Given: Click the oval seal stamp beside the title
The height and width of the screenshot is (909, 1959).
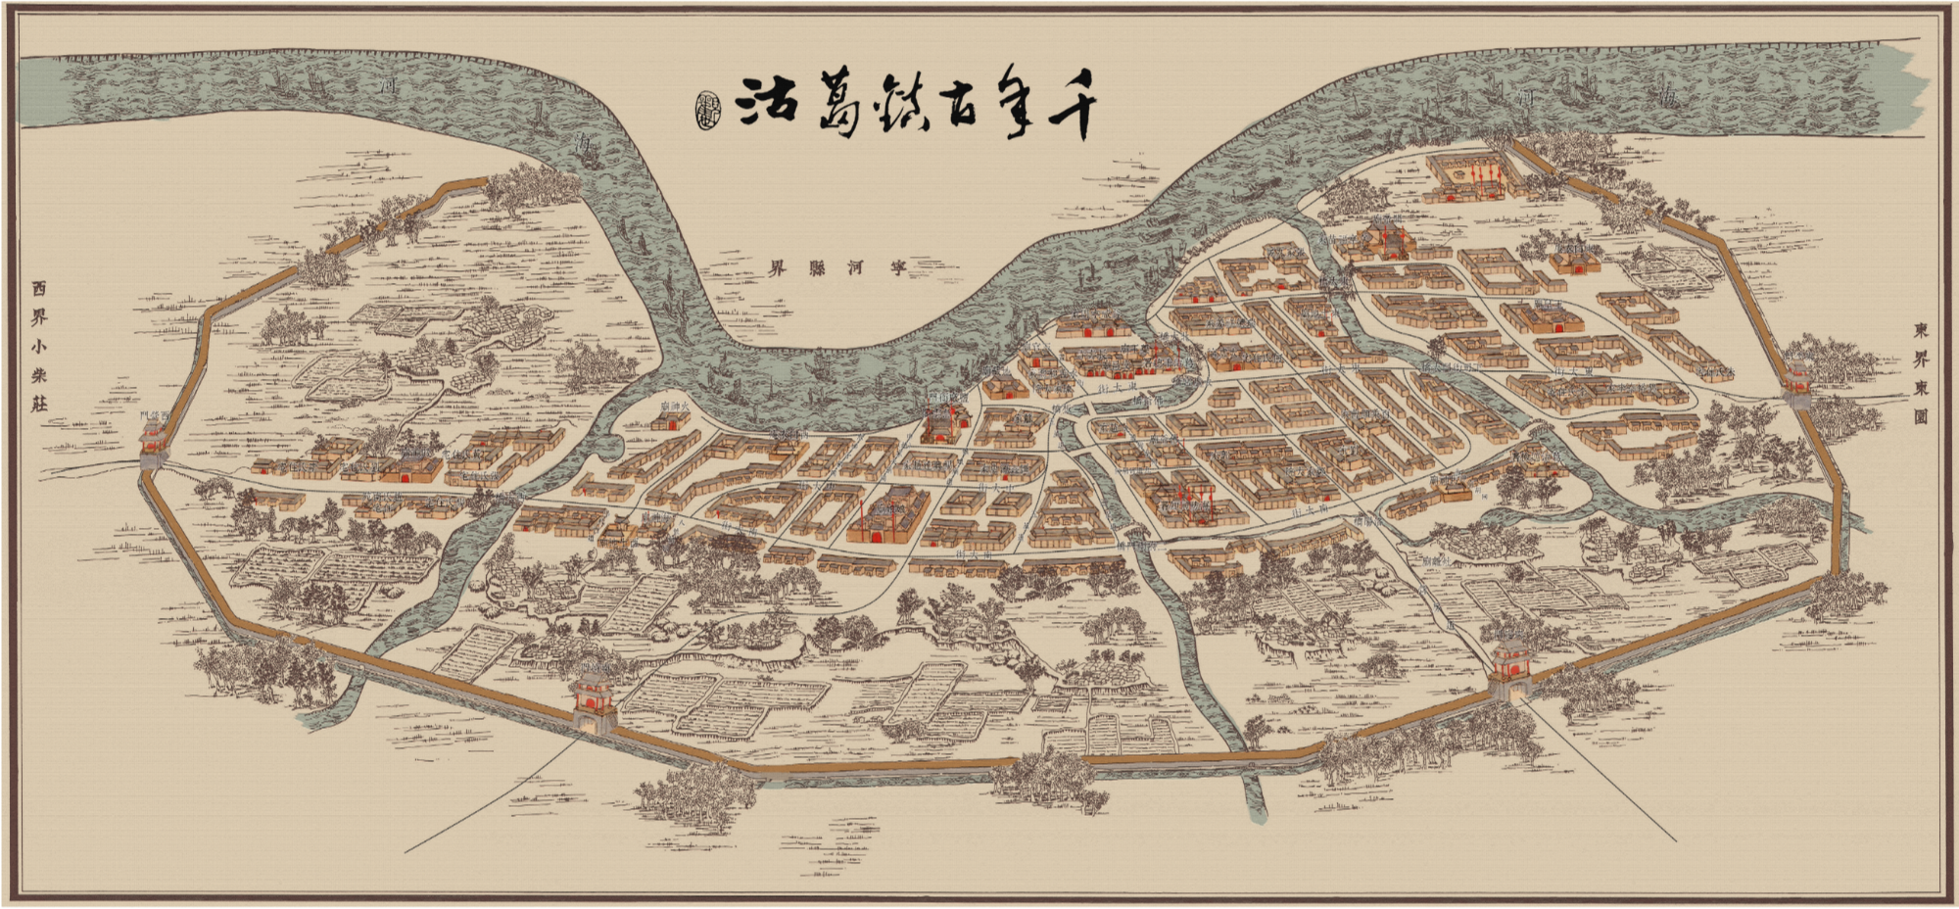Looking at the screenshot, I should coord(706,109).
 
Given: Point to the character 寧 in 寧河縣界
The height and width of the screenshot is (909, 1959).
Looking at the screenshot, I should coord(896,266).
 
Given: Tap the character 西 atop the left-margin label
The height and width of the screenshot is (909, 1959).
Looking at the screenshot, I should coord(38,289).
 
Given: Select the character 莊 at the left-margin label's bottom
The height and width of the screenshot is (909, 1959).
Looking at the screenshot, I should coord(38,403).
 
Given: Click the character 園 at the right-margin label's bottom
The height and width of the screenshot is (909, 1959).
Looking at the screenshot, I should coord(1920,415).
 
